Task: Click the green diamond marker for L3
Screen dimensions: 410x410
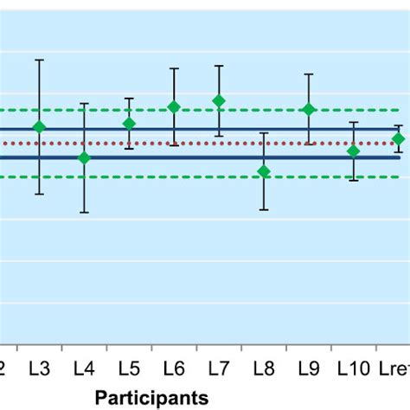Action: click(x=39, y=127)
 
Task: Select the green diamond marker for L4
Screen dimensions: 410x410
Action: click(x=84, y=157)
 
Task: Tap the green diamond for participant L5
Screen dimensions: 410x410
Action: click(x=129, y=124)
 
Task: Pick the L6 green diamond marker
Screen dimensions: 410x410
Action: click(x=174, y=106)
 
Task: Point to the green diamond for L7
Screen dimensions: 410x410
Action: click(x=219, y=100)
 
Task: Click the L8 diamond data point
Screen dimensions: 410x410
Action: click(x=264, y=171)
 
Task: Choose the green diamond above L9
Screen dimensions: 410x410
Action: click(x=309, y=109)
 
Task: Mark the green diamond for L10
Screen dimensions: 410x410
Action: click(x=353, y=151)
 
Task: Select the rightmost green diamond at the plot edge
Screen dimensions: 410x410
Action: click(x=398, y=138)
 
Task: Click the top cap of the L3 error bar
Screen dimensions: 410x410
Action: click(x=39, y=60)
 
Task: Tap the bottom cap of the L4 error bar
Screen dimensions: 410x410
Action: click(x=84, y=212)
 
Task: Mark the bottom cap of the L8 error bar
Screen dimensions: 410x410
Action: click(x=264, y=209)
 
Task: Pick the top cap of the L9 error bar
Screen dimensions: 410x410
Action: click(x=309, y=74)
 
